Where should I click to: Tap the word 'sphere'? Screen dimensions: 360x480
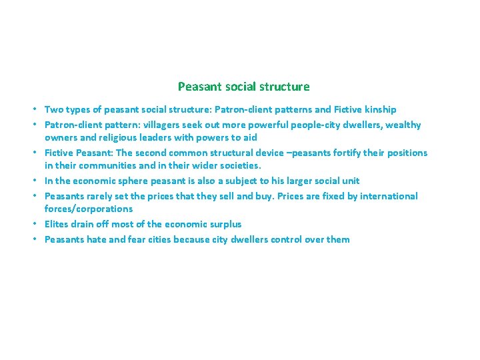[133, 181]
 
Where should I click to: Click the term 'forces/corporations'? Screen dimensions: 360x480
[89, 209]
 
